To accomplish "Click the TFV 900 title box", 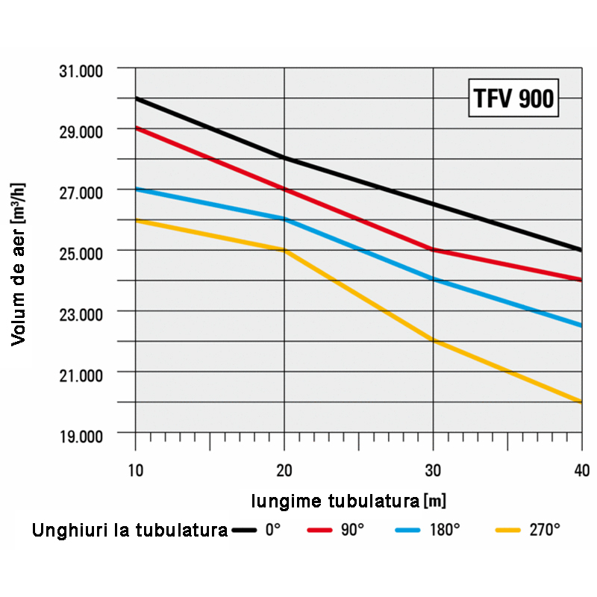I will click(513, 98).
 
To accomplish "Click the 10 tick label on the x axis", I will click(135, 470).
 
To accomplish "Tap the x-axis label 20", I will click(284, 470).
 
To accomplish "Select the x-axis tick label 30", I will click(433, 470).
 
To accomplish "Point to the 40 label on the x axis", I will click(581, 470).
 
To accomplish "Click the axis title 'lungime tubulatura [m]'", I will click(348, 500).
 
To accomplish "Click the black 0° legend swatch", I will click(244, 531).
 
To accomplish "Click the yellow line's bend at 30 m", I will click(433, 341).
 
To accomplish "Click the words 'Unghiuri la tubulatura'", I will click(130, 531).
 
